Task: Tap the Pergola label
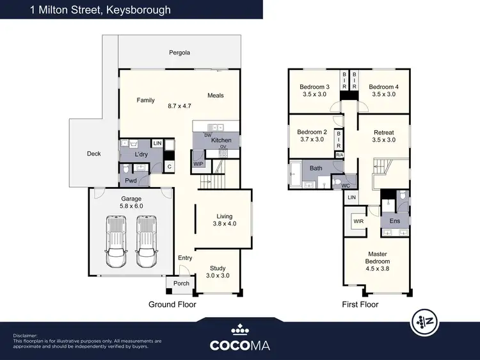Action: (180, 53)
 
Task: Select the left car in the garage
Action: (116, 241)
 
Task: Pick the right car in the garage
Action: (146, 241)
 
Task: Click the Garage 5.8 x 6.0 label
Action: (131, 203)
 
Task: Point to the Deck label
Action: (94, 154)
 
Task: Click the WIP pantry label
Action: (198, 164)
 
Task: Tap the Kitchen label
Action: (221, 140)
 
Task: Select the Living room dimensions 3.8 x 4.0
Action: (224, 224)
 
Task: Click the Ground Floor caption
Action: (172, 304)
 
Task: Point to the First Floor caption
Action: (360, 304)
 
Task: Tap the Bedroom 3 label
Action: (314, 87)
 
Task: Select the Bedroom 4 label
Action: (383, 87)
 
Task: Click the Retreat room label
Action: (383, 133)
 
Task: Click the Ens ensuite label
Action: (395, 221)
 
